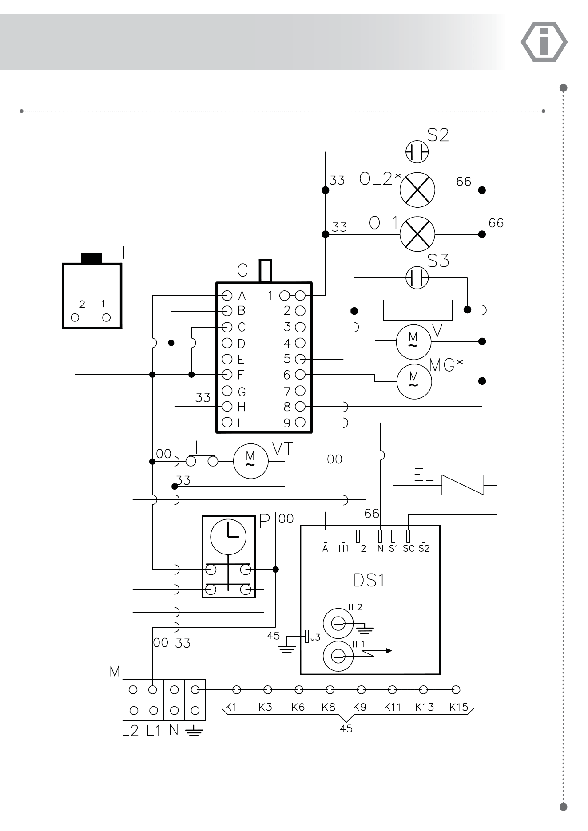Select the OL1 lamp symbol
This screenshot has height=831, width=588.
(417, 234)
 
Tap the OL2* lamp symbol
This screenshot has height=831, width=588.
(417, 190)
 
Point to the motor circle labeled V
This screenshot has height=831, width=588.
(413, 341)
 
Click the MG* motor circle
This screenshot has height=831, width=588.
(414, 381)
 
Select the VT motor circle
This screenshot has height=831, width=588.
(251, 461)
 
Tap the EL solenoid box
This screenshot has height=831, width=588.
(463, 485)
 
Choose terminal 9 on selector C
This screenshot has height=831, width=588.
(300, 422)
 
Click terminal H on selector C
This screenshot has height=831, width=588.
(227, 406)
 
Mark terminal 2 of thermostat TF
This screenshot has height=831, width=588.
(75, 317)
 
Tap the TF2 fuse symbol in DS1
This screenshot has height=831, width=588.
(338, 624)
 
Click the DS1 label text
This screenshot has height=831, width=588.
(369, 580)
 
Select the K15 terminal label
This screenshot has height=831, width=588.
(459, 707)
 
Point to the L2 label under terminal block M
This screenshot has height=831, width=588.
(130, 730)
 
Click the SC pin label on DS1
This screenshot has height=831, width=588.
(409, 549)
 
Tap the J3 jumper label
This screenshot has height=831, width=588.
(315, 637)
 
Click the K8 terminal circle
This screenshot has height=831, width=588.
(330, 690)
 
